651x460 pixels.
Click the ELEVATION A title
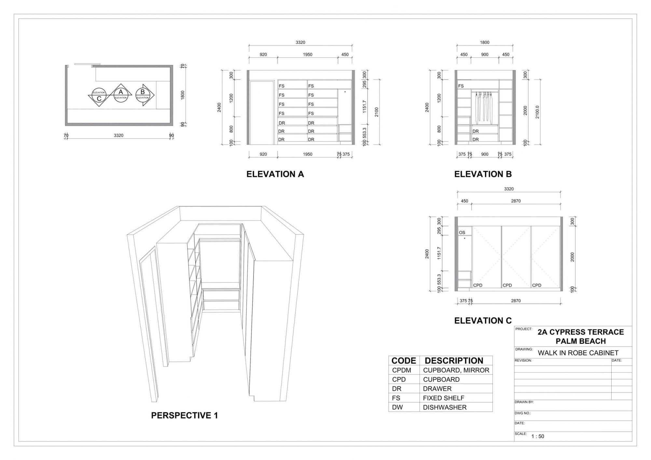[275, 174]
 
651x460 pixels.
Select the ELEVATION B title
[483, 174]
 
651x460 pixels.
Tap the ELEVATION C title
[483, 321]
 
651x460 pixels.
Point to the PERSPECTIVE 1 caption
[185, 415]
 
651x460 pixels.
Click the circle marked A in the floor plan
[121, 95]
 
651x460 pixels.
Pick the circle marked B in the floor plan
[142, 95]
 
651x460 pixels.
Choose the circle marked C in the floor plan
[99, 95]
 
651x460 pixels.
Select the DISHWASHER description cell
[445, 407]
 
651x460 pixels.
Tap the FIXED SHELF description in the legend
[443, 398]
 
